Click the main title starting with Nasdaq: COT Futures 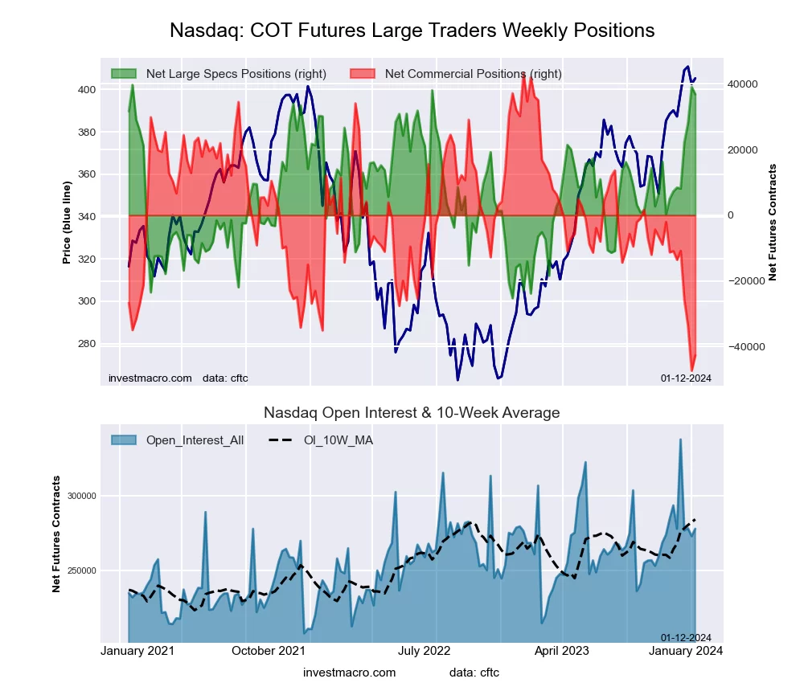[x=412, y=31]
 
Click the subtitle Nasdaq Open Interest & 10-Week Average [x=412, y=413]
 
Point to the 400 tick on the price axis [x=86, y=90]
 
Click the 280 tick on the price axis [x=86, y=344]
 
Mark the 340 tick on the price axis [x=86, y=217]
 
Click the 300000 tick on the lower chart [x=80, y=497]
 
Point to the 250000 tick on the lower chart [x=80, y=571]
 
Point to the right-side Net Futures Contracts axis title [x=773, y=222]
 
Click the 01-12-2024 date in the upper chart [x=686, y=378]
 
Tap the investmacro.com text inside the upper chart [x=150, y=378]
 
